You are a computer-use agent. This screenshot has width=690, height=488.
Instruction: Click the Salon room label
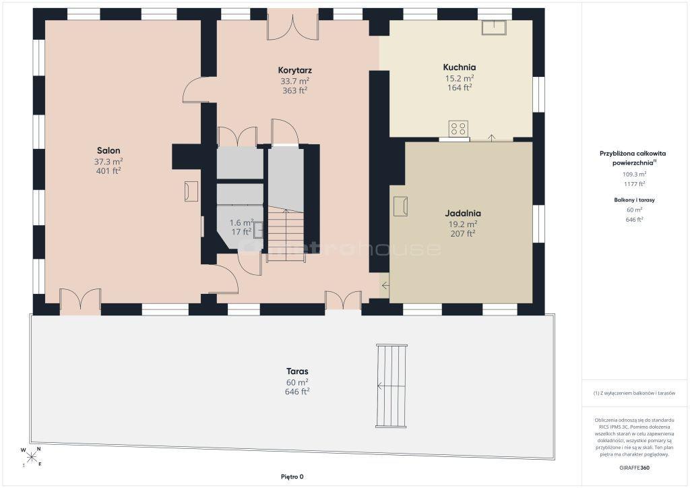(108, 150)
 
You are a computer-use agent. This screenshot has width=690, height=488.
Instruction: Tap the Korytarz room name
(295, 70)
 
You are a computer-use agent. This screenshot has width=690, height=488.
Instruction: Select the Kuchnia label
(460, 67)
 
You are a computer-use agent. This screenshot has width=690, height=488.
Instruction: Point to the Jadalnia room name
(462, 214)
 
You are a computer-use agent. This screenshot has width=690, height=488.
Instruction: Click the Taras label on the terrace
(297, 371)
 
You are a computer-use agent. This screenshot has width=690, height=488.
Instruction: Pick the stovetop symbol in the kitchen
(458, 129)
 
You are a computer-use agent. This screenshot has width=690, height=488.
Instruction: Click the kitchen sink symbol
(494, 27)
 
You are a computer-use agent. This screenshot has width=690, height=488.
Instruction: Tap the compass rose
(31, 457)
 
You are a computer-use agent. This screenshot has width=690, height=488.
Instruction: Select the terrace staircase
(391, 386)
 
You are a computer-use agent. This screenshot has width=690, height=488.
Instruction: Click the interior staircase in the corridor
(286, 235)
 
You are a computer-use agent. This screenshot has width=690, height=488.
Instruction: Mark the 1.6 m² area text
(242, 222)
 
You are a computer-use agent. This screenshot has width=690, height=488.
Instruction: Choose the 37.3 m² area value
(108, 162)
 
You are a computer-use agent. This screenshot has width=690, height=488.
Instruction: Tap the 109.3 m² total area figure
(634, 175)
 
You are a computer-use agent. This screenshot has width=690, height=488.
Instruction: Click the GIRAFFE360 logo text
(633, 468)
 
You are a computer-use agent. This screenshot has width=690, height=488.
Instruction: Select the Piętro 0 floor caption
(292, 477)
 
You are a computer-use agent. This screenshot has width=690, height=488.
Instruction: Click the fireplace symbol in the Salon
(191, 191)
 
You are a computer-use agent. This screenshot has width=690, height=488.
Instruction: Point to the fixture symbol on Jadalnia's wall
(400, 206)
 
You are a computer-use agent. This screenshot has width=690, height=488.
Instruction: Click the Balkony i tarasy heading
(634, 200)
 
